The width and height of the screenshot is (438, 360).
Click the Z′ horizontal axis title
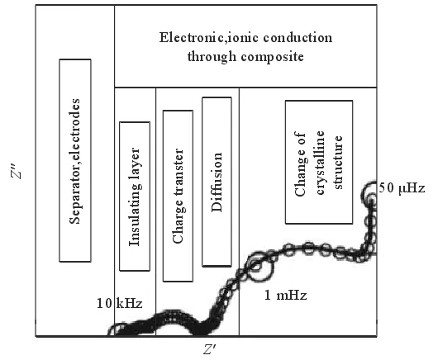[209, 348]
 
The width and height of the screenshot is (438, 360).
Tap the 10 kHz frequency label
[120, 303]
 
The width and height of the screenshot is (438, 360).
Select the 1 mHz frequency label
[285, 295]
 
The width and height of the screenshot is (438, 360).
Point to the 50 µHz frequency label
[402, 188]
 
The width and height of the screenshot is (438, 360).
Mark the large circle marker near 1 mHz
[260, 267]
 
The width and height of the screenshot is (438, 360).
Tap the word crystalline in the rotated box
[320, 163]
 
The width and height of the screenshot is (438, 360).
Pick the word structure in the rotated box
[338, 163]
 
